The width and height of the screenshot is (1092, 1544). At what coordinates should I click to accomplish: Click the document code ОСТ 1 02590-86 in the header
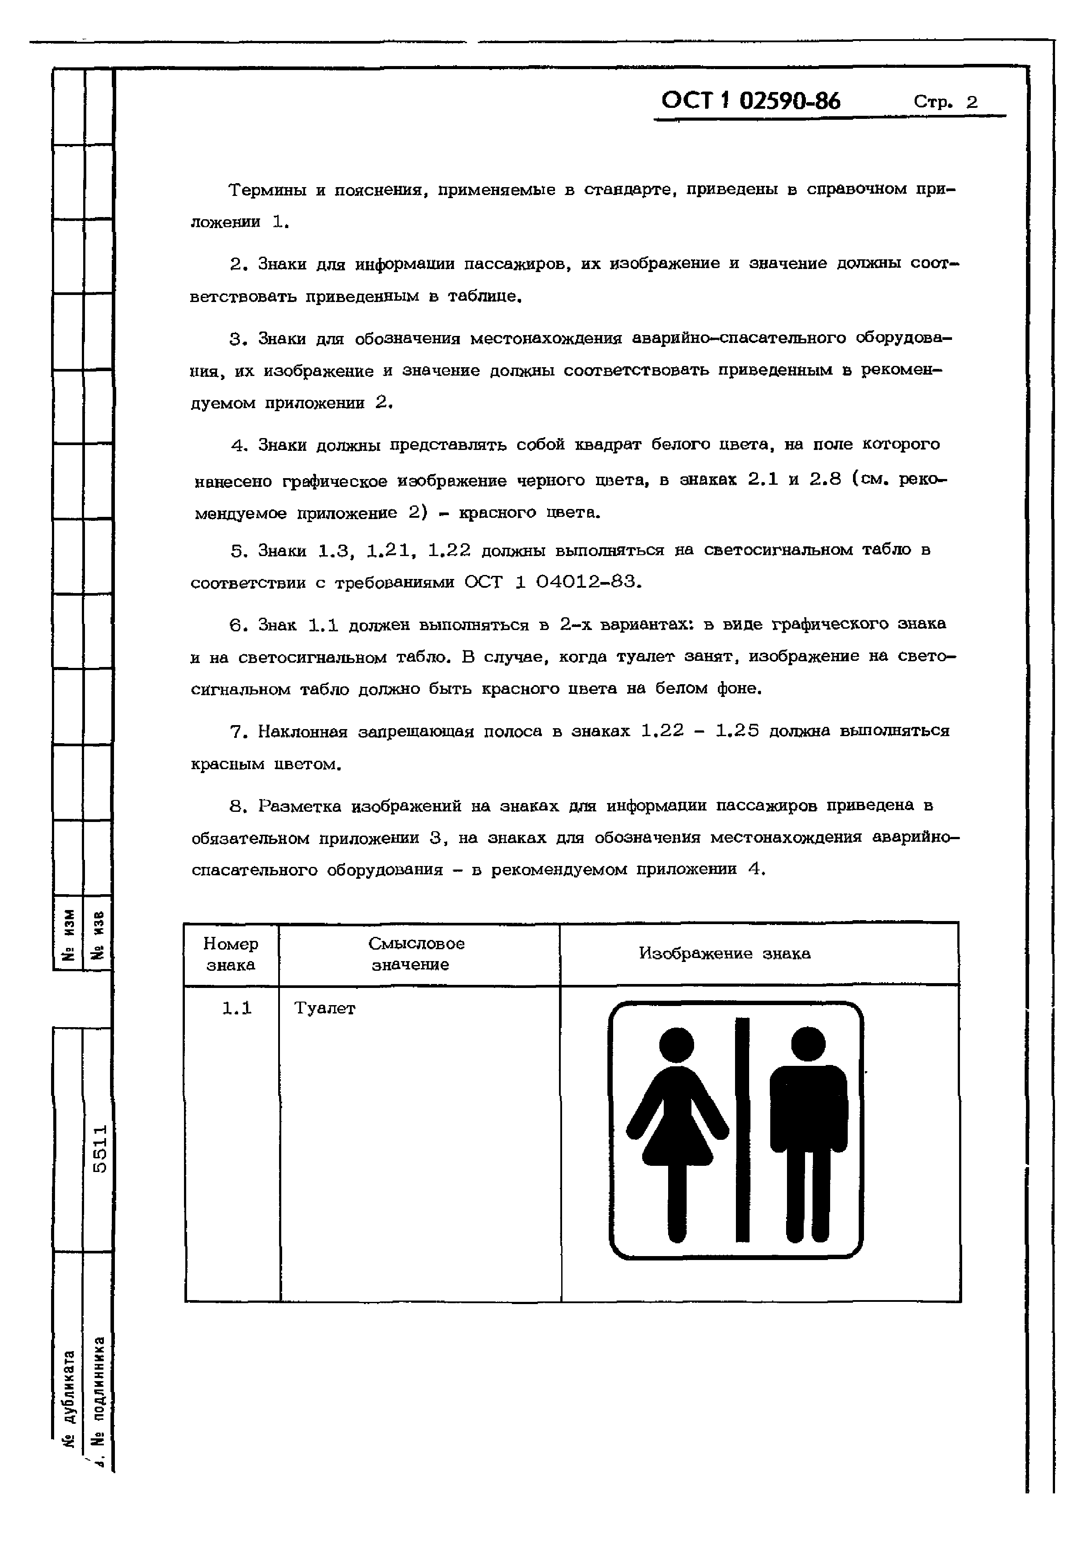(x=750, y=101)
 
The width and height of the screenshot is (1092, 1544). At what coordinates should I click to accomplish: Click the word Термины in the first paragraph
(x=267, y=190)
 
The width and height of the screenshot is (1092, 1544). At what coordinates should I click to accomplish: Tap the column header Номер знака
(x=231, y=954)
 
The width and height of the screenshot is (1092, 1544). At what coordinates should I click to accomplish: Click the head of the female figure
(x=677, y=1044)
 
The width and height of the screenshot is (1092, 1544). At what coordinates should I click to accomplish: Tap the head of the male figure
(x=808, y=1044)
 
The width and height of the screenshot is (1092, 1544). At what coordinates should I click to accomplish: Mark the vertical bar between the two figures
(x=743, y=1130)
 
